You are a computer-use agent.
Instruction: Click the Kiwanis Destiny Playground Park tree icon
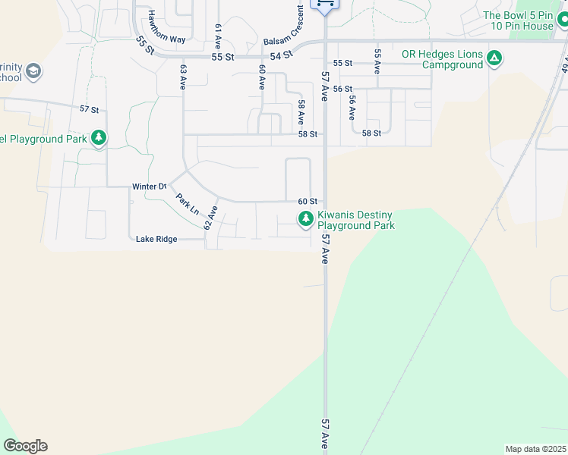click(x=305, y=220)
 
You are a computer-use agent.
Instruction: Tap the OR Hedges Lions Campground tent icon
click(x=494, y=58)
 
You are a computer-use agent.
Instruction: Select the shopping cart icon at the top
click(x=325, y=5)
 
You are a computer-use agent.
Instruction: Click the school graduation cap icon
click(x=33, y=72)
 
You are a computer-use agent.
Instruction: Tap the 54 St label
click(x=282, y=55)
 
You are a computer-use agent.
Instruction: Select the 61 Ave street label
click(x=218, y=36)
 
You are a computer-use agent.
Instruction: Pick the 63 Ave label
click(x=184, y=77)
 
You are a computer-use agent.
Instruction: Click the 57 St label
click(x=90, y=109)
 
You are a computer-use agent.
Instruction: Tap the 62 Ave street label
click(x=210, y=218)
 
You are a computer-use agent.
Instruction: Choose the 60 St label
click(x=307, y=201)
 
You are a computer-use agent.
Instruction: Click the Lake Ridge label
click(x=156, y=239)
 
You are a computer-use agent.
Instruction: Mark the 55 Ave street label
click(x=377, y=61)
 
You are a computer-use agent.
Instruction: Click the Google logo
click(x=25, y=446)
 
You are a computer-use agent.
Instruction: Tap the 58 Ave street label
click(x=301, y=112)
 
